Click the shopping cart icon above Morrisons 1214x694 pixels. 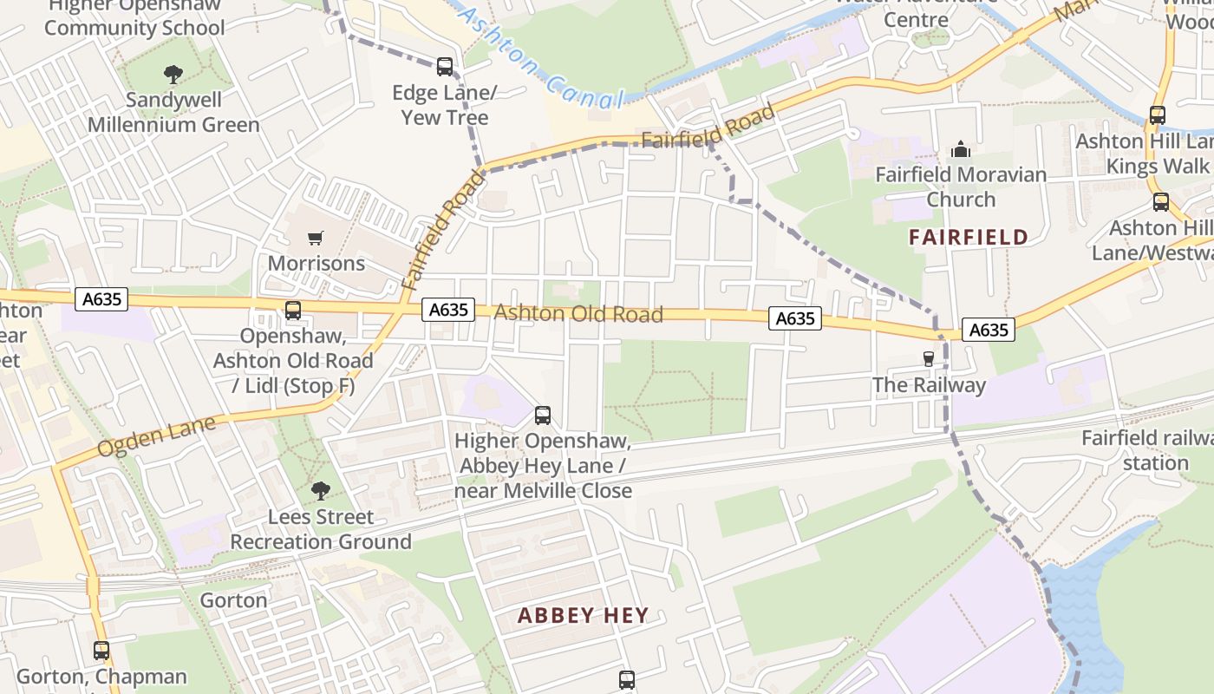click(x=316, y=238)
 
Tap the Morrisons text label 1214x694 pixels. click(x=317, y=263)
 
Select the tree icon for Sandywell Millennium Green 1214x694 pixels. click(x=173, y=75)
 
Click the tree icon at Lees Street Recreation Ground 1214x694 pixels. click(x=321, y=491)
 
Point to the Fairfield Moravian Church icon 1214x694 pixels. click(x=960, y=149)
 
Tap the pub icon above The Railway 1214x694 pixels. click(x=929, y=359)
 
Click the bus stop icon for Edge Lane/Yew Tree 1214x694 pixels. click(x=445, y=66)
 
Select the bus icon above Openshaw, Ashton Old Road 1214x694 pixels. click(x=293, y=310)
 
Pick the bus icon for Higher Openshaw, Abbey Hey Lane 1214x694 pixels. click(x=543, y=416)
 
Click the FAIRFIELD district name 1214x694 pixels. click(x=969, y=237)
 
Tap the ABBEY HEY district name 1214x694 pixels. click(x=583, y=616)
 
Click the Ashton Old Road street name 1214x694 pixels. click(x=578, y=313)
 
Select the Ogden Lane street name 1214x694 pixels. click(x=156, y=437)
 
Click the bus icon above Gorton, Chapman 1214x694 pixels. click(x=101, y=650)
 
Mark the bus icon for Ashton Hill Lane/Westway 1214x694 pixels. click(x=1161, y=202)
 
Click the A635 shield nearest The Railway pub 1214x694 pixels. click(x=988, y=330)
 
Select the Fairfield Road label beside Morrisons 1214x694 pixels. click(x=443, y=230)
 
